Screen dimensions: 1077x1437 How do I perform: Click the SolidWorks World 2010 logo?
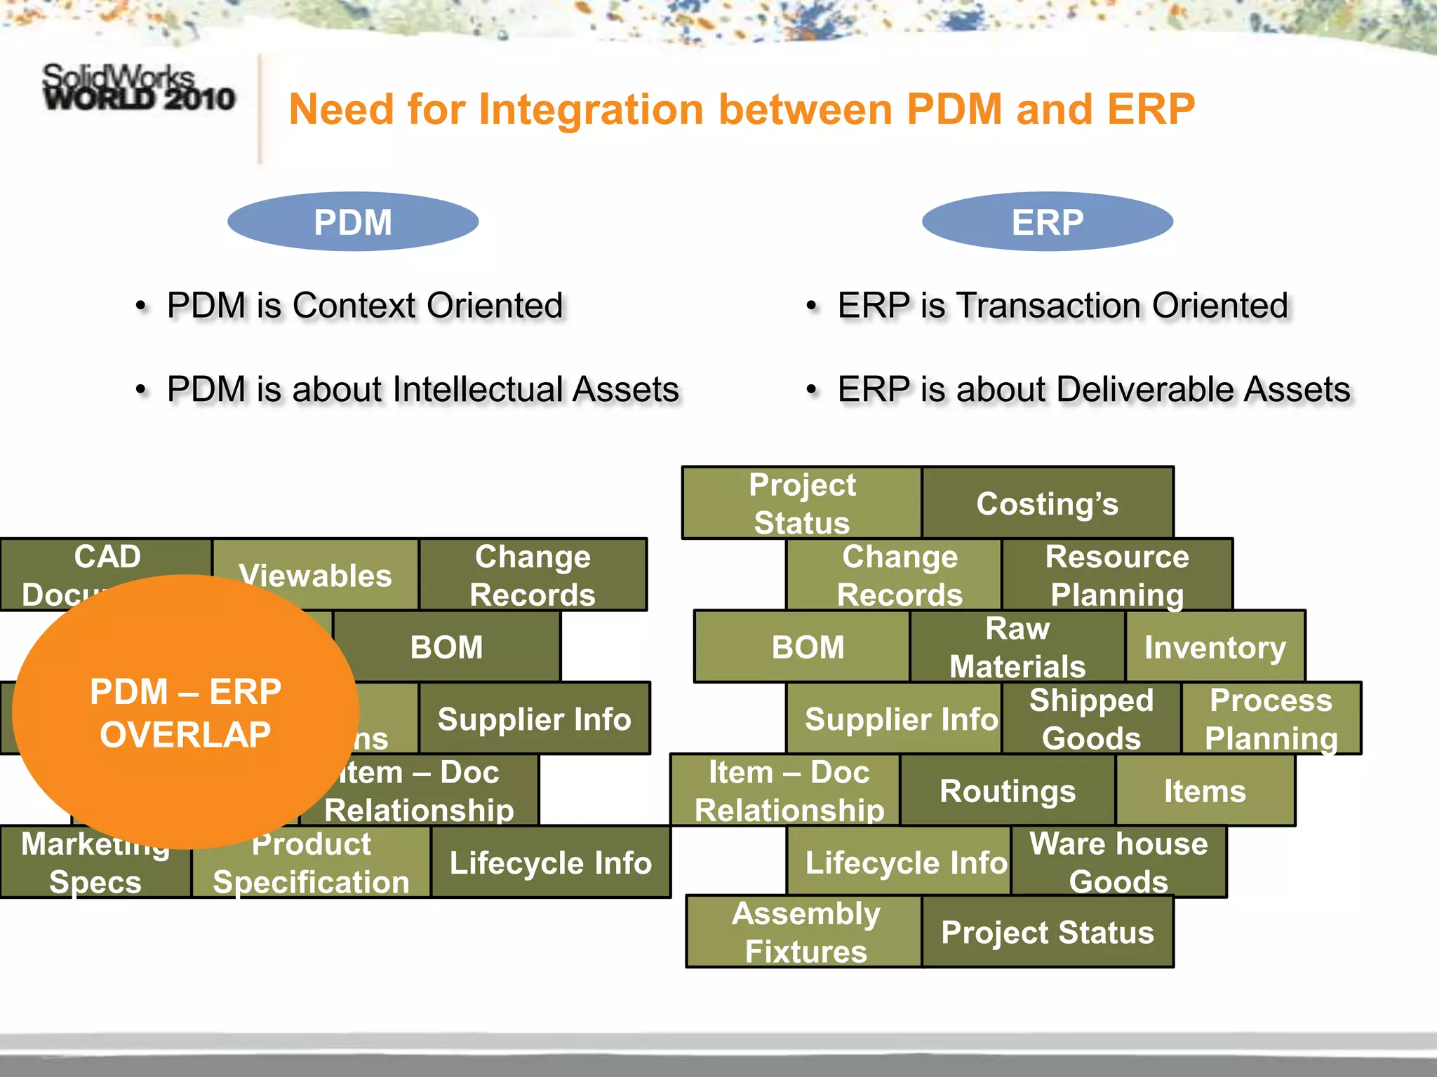[138, 88]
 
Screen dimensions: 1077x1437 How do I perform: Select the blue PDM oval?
[353, 222]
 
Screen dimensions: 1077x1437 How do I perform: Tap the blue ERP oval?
[1047, 222]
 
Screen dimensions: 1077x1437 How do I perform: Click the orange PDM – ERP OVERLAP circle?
[185, 712]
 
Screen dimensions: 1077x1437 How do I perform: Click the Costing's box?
[1047, 503]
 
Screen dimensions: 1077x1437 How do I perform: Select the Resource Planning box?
[1116, 575]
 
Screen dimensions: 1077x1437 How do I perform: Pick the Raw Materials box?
[1017, 646]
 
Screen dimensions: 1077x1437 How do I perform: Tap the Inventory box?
[1215, 646]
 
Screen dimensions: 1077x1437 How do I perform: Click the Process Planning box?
[1271, 719]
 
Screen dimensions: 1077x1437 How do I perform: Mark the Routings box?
[1007, 791]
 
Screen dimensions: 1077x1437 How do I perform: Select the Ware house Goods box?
[1118, 862]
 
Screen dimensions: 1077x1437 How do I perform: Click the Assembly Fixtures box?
[805, 933]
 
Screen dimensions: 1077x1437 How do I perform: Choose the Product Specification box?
[311, 869]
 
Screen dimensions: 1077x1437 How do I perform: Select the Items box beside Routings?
[1205, 791]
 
